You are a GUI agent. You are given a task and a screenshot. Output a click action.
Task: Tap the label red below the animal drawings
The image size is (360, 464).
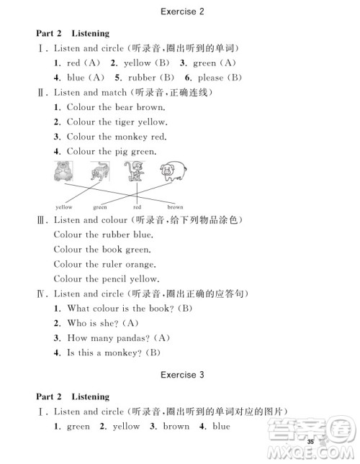click(138, 207)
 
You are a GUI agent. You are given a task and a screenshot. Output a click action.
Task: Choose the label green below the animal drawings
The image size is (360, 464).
click(99, 207)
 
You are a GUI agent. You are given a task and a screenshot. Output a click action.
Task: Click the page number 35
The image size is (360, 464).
click(310, 441)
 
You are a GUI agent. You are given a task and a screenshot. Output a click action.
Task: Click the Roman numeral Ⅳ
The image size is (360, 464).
click(42, 294)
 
